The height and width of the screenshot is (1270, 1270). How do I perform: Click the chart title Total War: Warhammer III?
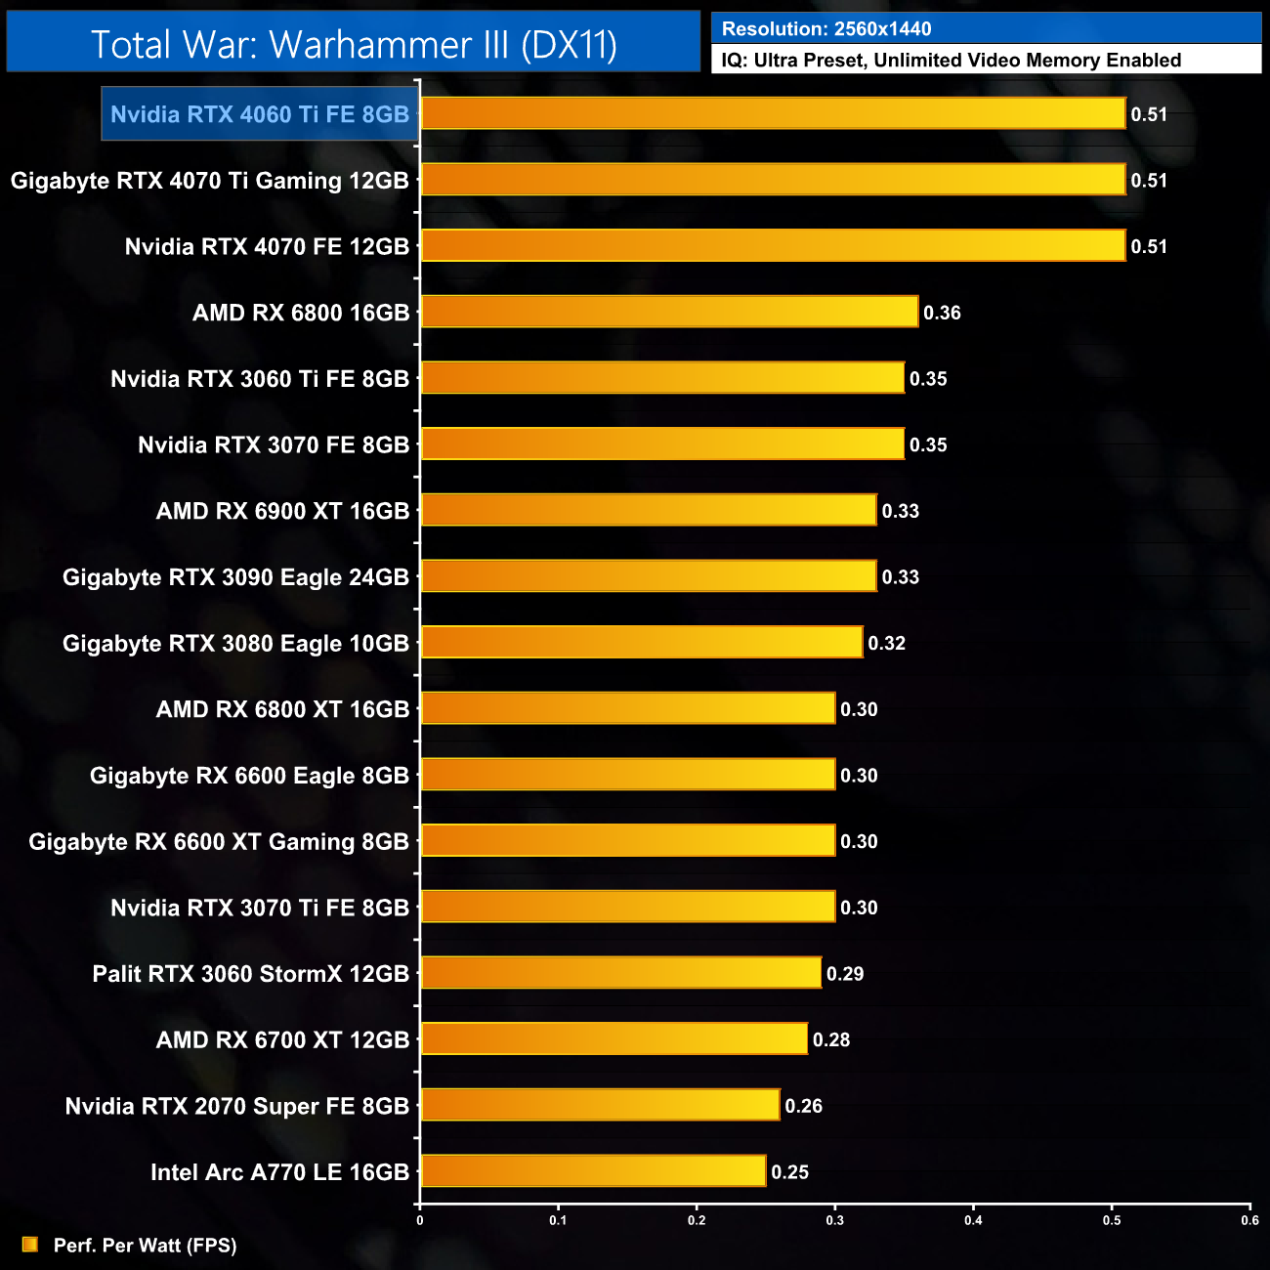coord(354,44)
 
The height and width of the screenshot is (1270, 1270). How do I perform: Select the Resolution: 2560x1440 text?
coord(826,28)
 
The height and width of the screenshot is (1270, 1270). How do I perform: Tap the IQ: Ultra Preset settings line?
coord(951,60)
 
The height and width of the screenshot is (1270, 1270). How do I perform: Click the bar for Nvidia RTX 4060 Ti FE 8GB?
coord(773,113)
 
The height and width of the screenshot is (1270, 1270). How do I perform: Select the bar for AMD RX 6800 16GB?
coord(669,312)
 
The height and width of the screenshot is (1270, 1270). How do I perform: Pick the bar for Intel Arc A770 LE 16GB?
coord(593,1170)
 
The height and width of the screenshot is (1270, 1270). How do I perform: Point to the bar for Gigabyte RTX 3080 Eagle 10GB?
coord(642,642)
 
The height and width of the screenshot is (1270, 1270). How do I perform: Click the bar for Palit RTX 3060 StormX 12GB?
coord(620,972)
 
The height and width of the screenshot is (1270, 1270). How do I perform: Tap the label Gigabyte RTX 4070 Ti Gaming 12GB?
coord(210,181)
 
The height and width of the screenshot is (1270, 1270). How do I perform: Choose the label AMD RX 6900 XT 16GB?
coord(282,511)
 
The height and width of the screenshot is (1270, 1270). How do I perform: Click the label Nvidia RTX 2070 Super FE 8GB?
coord(237,1106)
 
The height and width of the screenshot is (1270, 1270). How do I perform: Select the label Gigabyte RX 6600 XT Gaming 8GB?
coord(219,841)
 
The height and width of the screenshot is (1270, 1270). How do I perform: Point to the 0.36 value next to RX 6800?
coord(942,313)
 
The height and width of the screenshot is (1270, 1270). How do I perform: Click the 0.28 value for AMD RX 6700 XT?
coord(831,1039)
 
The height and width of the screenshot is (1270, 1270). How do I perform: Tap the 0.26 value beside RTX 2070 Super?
coord(803,1106)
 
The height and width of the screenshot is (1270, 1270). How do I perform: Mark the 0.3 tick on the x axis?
coord(835,1220)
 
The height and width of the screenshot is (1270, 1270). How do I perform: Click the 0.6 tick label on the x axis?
coord(1249,1220)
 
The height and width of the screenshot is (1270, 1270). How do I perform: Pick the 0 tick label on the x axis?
coord(420,1220)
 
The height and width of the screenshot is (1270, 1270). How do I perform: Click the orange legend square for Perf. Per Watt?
coord(30,1244)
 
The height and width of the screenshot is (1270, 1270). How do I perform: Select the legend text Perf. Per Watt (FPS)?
coord(145,1245)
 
